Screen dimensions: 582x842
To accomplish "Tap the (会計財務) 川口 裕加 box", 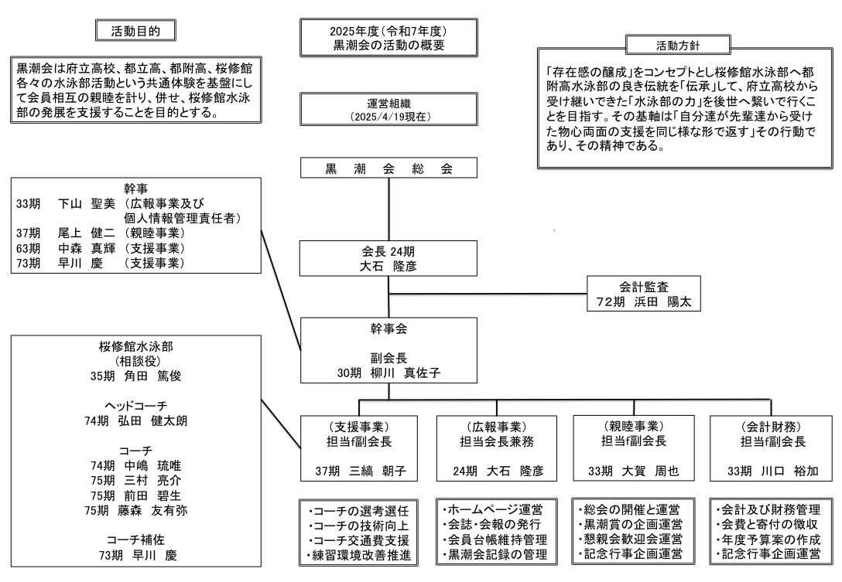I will (x=768, y=448).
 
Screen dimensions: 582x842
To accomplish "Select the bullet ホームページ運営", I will (x=492, y=509).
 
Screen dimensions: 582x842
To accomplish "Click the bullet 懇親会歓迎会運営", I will (x=629, y=539).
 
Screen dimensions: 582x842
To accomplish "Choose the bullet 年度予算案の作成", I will (x=768, y=539).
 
